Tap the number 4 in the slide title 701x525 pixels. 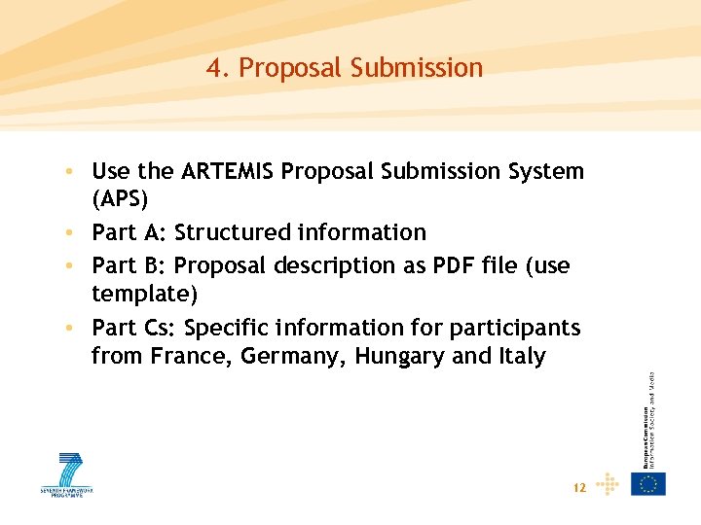(213, 68)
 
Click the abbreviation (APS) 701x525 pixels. (120, 200)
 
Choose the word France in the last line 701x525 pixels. (189, 357)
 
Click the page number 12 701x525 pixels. (579, 488)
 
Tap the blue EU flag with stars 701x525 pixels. (648, 484)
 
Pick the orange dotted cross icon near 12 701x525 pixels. (608, 484)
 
